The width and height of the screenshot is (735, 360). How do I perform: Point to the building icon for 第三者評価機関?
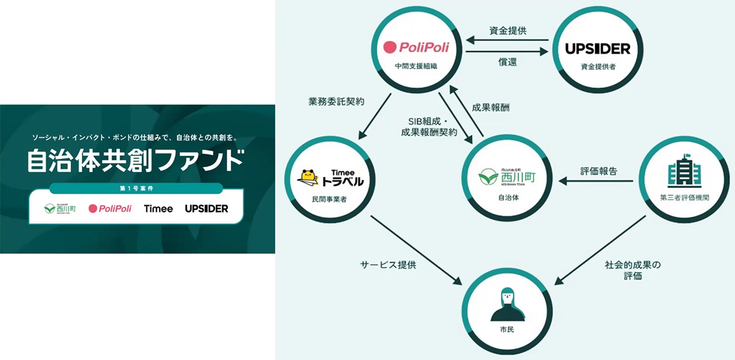coord(683,173)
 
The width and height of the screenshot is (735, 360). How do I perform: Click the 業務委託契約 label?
coord(336,102)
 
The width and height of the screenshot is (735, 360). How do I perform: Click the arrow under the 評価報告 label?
coord(598,181)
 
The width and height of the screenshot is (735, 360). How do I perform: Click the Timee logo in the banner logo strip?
coord(158,209)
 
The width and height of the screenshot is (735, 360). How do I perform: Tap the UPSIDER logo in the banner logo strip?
coord(206,209)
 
